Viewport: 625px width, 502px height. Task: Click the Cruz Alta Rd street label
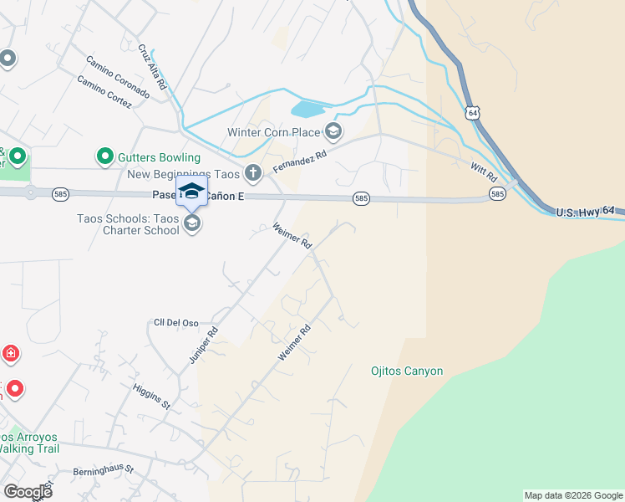[x=154, y=68]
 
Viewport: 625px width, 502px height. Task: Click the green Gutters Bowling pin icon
[x=105, y=156]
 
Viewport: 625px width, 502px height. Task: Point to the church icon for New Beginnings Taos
[x=253, y=174]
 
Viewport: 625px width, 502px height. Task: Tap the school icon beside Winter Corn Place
[x=333, y=131]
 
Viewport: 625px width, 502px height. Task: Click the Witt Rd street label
[x=484, y=173]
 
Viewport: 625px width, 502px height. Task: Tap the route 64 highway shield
[x=474, y=112]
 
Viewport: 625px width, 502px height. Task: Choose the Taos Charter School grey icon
[x=192, y=223]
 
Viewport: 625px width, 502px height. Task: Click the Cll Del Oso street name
[x=175, y=322]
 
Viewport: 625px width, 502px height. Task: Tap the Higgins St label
[x=151, y=396]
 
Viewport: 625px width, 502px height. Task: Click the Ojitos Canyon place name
[x=407, y=371]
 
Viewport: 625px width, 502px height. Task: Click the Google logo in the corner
[x=28, y=492]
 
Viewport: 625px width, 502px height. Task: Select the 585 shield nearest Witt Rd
[x=497, y=194]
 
